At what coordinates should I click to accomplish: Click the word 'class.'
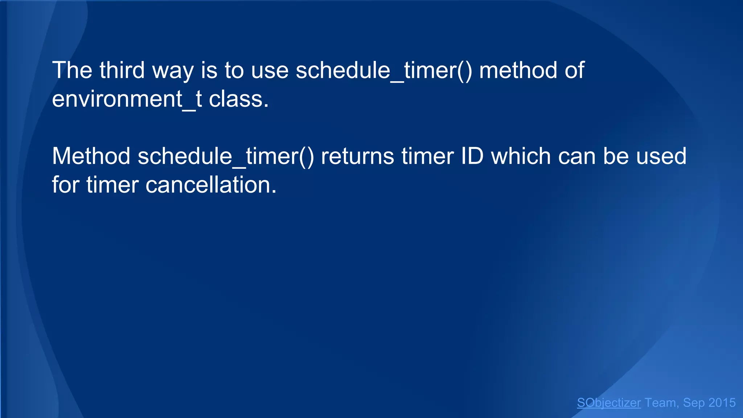coord(239,99)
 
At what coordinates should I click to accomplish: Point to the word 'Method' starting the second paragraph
coord(91,156)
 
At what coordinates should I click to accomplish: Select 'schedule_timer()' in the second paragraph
coord(226,156)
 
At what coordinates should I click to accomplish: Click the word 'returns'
coord(357,156)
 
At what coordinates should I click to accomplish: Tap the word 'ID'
coord(472,156)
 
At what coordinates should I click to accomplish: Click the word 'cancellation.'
coord(211,185)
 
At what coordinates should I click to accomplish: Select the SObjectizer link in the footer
coord(609,403)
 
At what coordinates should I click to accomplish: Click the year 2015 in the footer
coord(722,403)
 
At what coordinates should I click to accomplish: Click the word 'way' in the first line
coord(173,70)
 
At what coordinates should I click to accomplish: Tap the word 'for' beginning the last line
coord(65,185)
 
